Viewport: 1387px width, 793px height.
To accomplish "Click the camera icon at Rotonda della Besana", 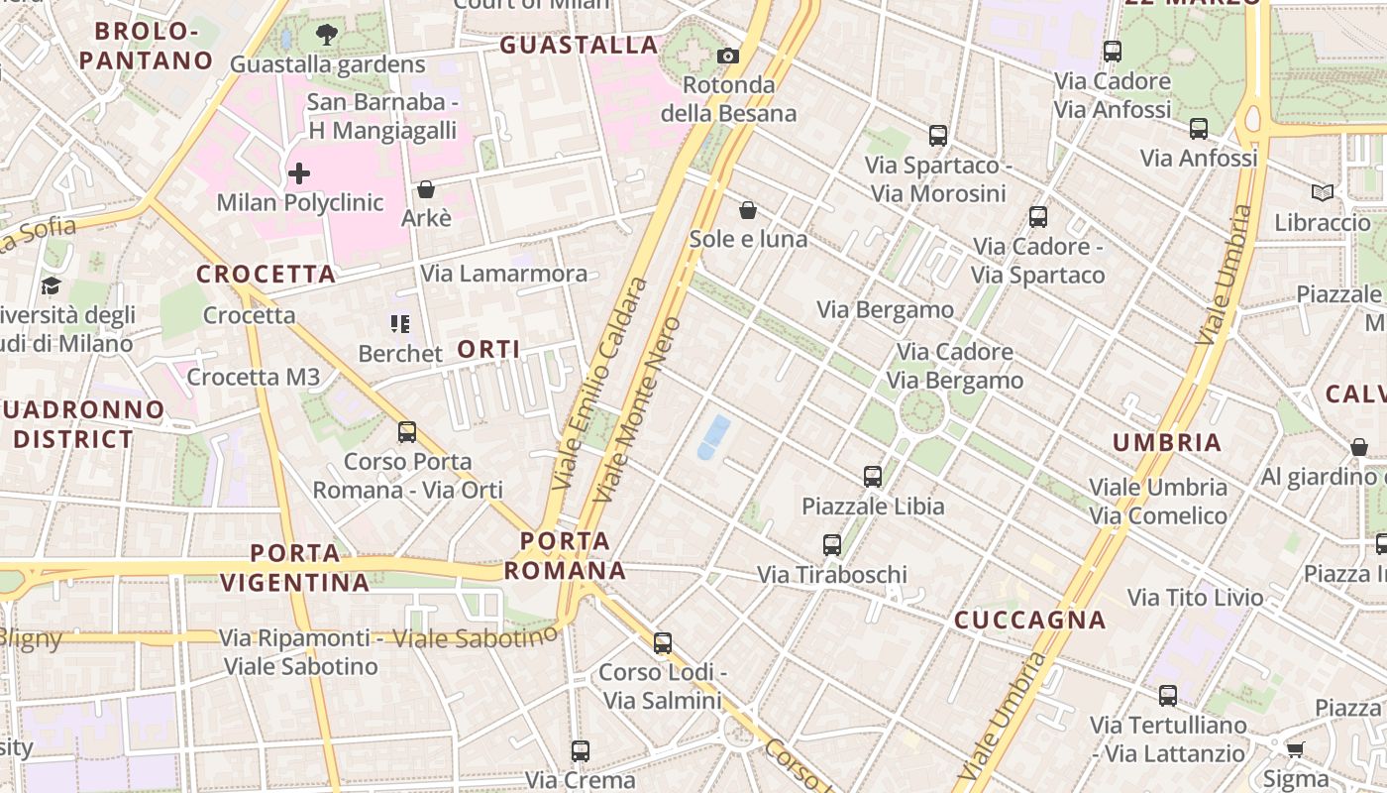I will click(728, 56).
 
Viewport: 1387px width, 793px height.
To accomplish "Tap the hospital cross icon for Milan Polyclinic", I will click(299, 174).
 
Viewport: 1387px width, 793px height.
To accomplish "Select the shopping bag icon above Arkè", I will click(426, 188).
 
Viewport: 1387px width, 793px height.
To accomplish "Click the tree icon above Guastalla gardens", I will click(326, 36).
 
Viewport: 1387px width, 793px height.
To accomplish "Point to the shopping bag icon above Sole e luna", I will click(748, 210).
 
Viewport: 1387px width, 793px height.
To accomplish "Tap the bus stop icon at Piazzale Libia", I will click(873, 477).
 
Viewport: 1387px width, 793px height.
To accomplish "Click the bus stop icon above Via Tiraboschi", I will click(832, 545).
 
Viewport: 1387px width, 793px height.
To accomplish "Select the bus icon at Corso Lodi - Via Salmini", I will click(663, 643).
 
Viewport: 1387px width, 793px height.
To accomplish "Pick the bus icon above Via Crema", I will click(581, 751).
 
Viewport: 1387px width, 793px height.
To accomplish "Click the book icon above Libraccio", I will click(1322, 192).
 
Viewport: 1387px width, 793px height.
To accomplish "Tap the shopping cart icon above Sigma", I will click(1295, 748).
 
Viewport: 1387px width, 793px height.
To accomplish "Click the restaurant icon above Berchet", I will click(400, 324).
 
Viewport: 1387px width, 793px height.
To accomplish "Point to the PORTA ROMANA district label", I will click(566, 556).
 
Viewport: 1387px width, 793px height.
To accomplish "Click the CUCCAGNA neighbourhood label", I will click(1029, 621).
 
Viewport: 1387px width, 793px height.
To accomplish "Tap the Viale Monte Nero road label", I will click(640, 408).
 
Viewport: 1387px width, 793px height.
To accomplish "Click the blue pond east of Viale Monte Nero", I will click(713, 438).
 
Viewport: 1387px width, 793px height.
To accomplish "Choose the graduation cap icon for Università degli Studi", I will click(51, 286).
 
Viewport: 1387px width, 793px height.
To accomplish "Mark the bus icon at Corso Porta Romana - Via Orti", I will click(407, 432).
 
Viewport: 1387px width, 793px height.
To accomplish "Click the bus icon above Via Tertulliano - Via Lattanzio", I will click(1168, 696).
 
